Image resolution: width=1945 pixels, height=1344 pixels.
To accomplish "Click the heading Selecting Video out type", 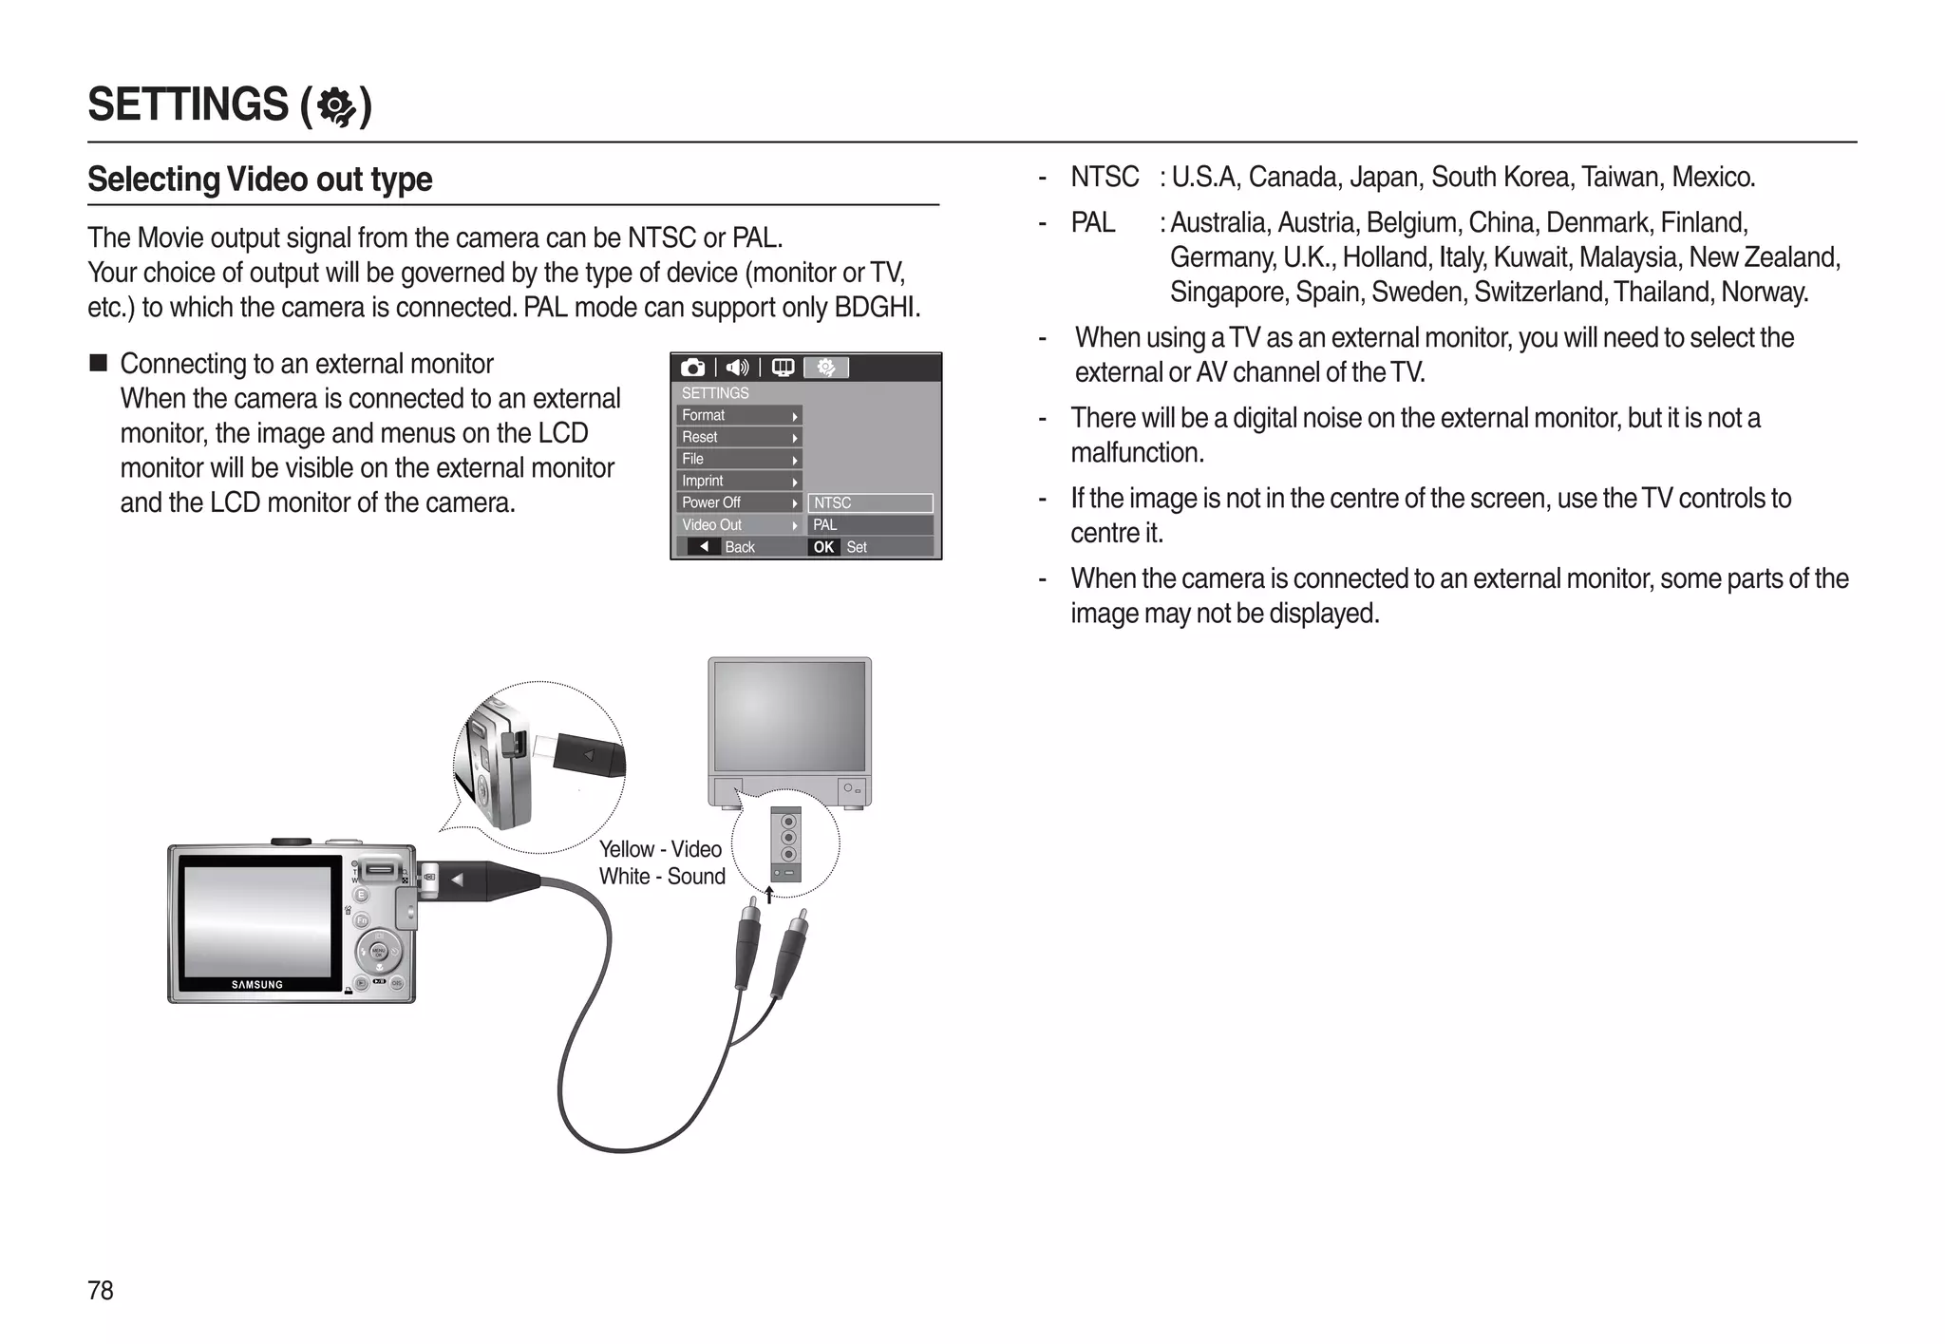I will [x=259, y=179].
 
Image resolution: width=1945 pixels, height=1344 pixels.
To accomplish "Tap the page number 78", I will [x=100, y=1290].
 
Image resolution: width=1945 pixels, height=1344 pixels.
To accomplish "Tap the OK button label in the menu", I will [x=823, y=547].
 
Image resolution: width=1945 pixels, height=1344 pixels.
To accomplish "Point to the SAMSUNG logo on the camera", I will [x=257, y=985].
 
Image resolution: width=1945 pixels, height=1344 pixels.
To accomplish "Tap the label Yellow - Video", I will [x=660, y=849].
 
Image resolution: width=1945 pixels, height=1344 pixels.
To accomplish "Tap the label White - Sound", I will [x=662, y=877].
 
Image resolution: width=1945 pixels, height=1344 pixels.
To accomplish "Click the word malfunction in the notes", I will [x=1136, y=453].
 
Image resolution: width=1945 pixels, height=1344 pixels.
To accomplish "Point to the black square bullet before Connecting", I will [x=99, y=364].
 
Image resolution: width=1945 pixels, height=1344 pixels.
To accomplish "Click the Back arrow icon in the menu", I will [x=704, y=546].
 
